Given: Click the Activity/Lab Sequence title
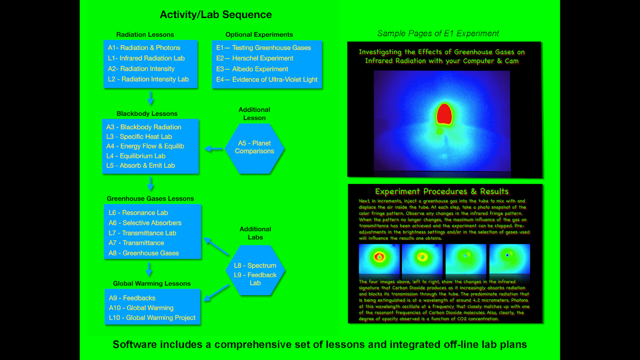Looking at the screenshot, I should click(216, 15).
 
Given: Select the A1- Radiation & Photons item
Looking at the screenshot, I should click(144, 48).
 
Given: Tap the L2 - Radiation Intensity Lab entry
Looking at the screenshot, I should click(148, 79).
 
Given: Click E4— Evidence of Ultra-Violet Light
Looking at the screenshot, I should click(267, 80).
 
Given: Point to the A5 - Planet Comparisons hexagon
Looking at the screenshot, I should click(254, 147).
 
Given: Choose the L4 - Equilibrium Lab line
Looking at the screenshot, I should click(136, 156).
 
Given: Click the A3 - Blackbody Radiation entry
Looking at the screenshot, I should click(144, 127).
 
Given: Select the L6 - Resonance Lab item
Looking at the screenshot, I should click(138, 212).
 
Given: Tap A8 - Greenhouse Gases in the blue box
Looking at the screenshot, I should click(144, 253).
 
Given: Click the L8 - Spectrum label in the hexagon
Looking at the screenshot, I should click(255, 265).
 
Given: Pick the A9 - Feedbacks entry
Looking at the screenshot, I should click(132, 298).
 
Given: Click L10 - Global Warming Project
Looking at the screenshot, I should click(152, 318).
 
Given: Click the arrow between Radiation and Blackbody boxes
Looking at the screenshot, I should click(150, 98).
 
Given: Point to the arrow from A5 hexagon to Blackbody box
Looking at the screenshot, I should click(214, 148).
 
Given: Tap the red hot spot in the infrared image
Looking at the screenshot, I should click(444, 114).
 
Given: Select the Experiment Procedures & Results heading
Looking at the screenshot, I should click(442, 191).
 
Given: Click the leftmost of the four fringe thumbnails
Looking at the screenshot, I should click(379, 259).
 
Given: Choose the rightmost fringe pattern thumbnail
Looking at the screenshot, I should click(509, 259).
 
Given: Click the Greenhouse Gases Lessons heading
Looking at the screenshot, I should click(150, 198).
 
